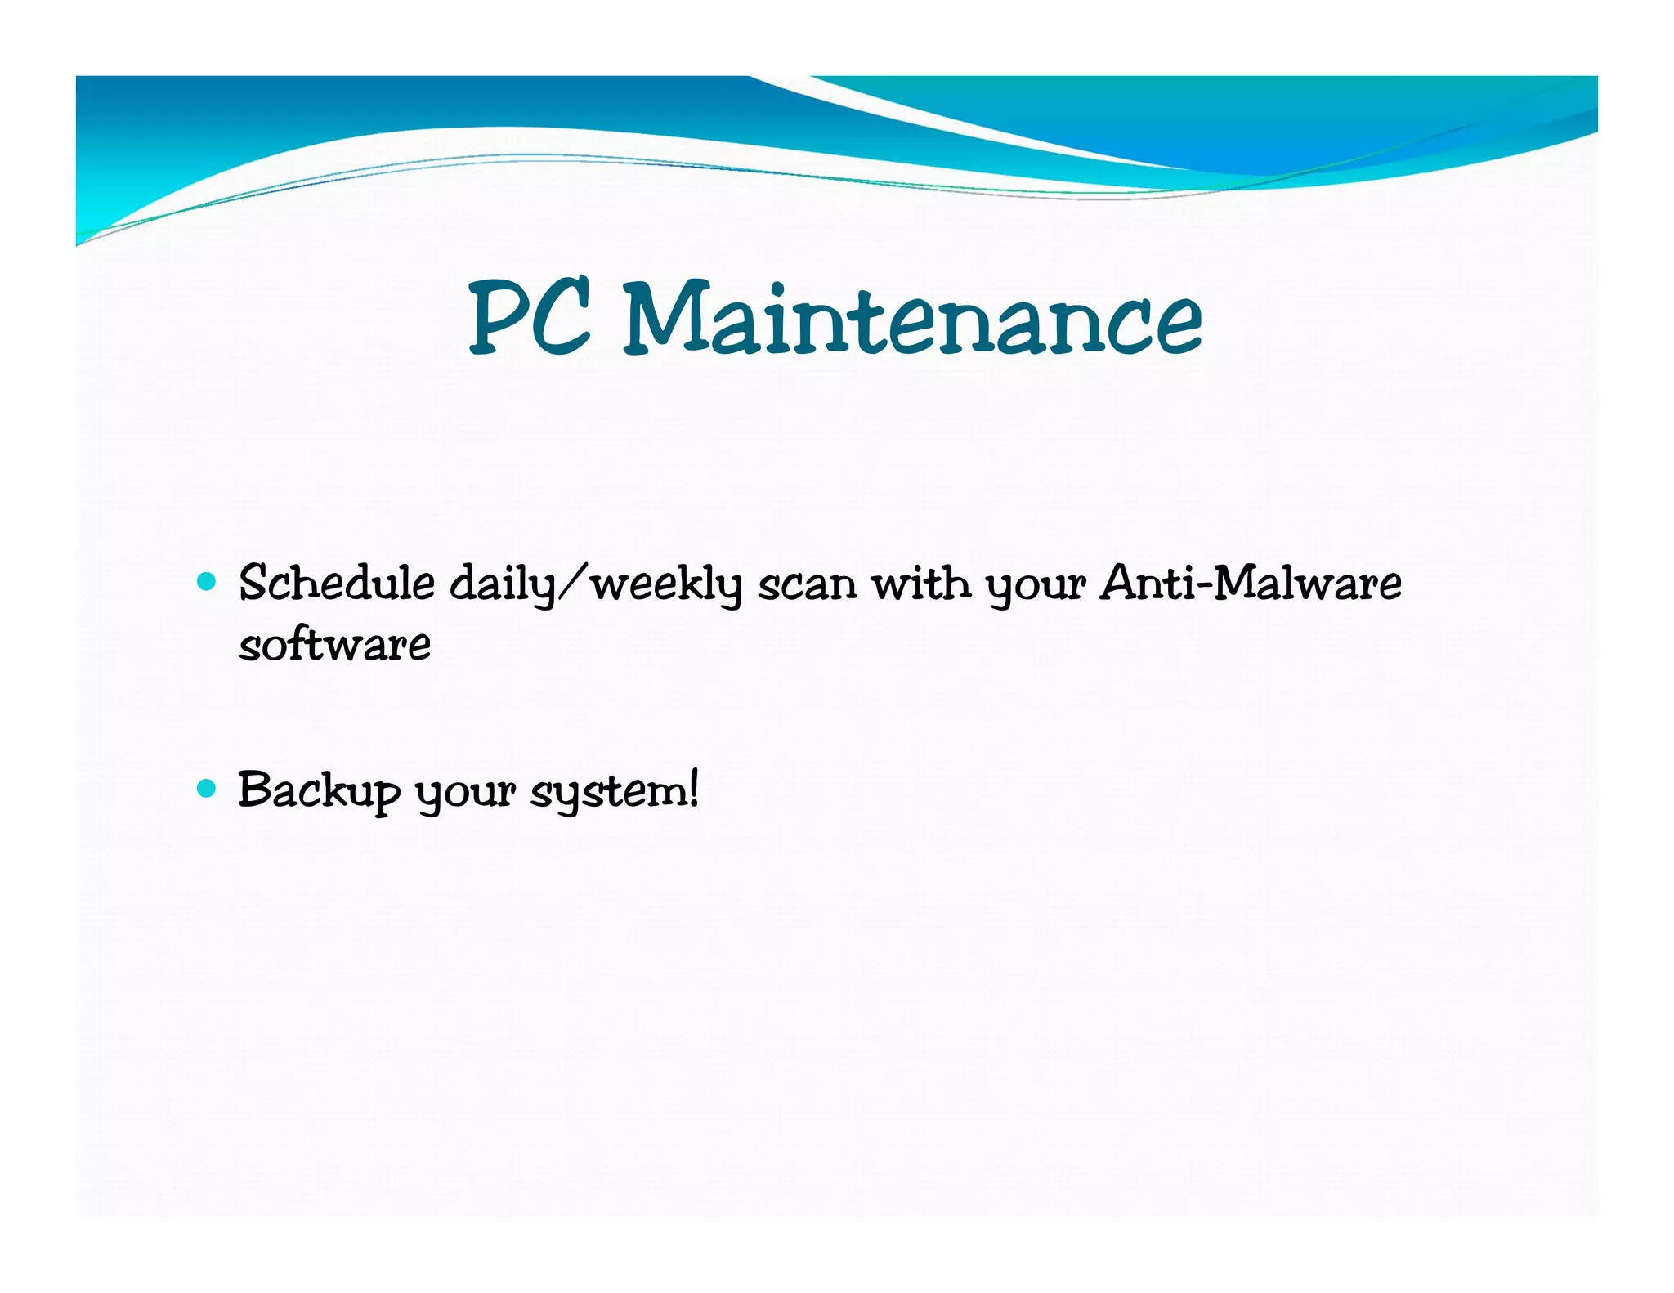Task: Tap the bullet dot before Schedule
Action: click(x=207, y=582)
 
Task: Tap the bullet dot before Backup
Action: click(x=207, y=788)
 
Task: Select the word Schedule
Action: click(x=337, y=584)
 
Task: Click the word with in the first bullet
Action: click(x=921, y=584)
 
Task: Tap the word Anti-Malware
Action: click(x=1251, y=584)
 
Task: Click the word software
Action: click(x=334, y=644)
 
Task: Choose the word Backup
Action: click(x=319, y=791)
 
